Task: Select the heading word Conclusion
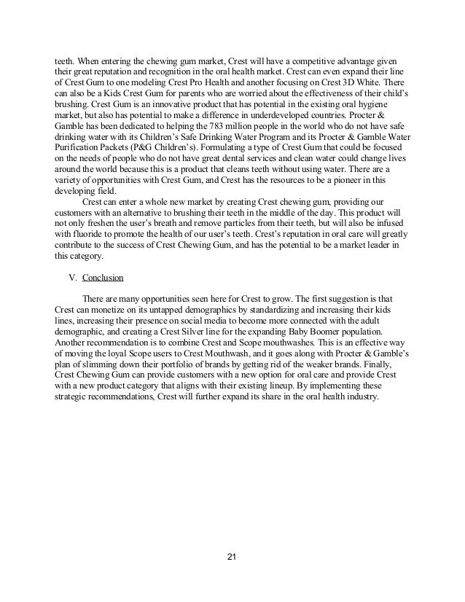click(x=103, y=278)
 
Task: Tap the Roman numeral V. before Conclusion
click(x=71, y=278)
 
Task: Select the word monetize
click(x=112, y=311)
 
